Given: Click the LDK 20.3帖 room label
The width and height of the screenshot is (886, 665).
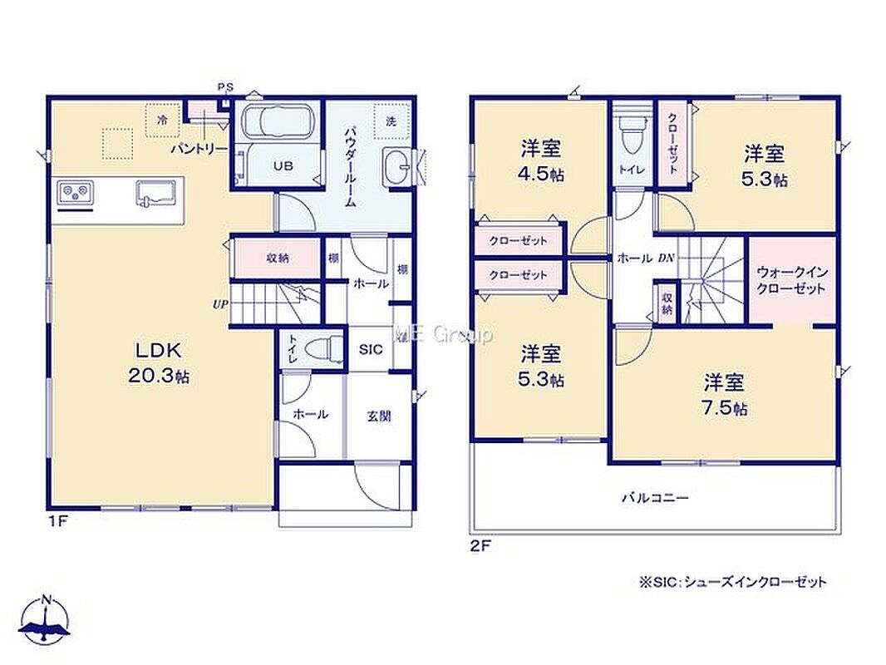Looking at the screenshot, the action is pyautogui.click(x=158, y=362).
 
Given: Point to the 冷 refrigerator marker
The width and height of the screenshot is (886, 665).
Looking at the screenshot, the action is pyautogui.click(x=163, y=120).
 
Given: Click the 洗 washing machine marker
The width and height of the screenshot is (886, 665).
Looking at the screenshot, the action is pyautogui.click(x=391, y=121).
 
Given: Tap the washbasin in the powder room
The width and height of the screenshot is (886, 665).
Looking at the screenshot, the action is pyautogui.click(x=397, y=166).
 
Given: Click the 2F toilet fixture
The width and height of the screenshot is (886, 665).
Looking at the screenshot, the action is pyautogui.click(x=632, y=133).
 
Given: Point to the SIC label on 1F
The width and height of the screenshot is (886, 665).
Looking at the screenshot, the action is pyautogui.click(x=371, y=350).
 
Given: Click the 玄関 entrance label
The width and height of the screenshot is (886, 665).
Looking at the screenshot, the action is pyautogui.click(x=379, y=417).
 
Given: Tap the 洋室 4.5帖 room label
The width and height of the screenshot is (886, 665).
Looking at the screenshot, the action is pyautogui.click(x=541, y=160).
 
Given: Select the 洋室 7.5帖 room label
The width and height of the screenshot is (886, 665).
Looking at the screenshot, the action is pyautogui.click(x=725, y=395).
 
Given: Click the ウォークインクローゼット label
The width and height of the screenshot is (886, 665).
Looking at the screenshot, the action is pyautogui.click(x=791, y=280).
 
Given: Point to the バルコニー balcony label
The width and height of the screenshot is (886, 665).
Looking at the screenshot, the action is pyautogui.click(x=655, y=498).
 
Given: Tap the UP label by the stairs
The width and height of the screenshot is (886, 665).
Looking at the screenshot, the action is pyautogui.click(x=219, y=304).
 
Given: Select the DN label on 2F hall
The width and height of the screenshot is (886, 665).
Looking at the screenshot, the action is pyautogui.click(x=666, y=259).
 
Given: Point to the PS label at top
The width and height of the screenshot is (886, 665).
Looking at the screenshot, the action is pyautogui.click(x=225, y=87).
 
